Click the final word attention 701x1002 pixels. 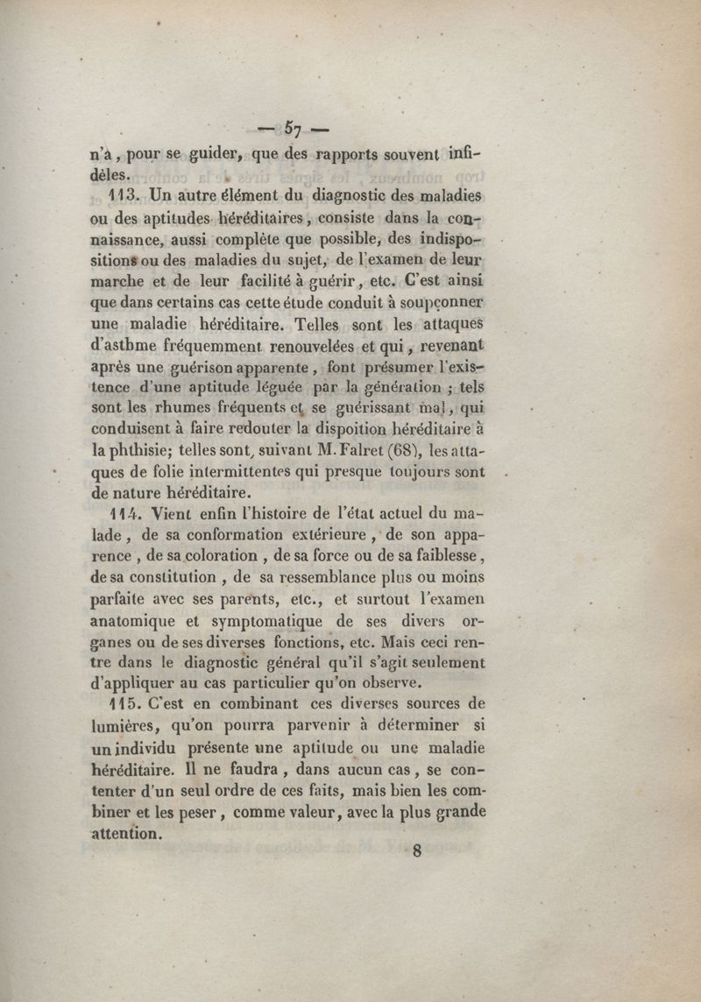coord(127,834)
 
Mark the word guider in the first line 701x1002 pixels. coord(211,152)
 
